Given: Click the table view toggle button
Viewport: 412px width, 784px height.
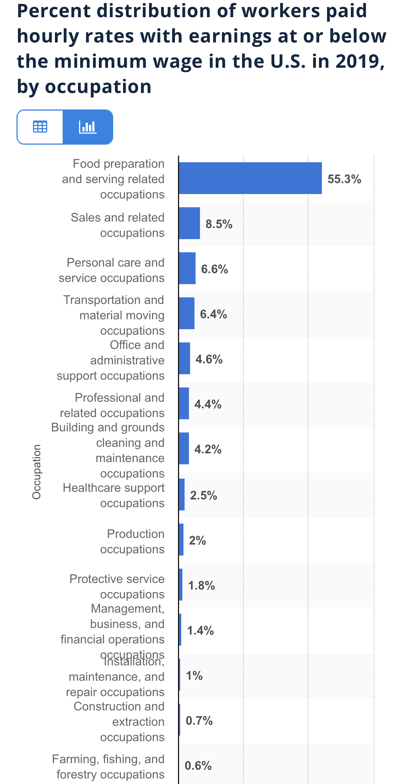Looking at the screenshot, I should (40, 127).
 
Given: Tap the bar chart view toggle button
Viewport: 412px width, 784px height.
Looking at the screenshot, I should (88, 127).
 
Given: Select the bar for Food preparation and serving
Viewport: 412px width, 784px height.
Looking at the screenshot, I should (250, 178).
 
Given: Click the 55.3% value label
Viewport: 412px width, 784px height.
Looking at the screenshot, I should (344, 179).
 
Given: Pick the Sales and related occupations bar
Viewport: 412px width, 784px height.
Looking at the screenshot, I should (189, 223).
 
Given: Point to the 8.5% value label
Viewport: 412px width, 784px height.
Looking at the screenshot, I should (219, 224).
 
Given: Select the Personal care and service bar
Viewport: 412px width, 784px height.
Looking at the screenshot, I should (187, 268).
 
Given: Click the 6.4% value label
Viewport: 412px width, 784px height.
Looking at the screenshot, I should (213, 314).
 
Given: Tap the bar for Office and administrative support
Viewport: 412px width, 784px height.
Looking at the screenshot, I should (185, 358).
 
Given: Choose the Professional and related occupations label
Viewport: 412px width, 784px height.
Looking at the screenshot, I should (112, 405).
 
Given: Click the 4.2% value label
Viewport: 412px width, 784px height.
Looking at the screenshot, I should (208, 449).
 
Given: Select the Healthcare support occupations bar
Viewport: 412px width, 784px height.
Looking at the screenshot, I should (182, 495).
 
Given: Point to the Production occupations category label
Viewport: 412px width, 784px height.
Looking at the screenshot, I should (132, 541).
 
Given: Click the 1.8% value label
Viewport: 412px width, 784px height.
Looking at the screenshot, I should (201, 586).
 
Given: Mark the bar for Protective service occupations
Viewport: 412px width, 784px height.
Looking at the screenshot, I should (181, 585).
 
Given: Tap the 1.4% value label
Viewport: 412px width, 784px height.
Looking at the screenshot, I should (200, 631).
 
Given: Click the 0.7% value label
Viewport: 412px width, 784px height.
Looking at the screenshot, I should (199, 721).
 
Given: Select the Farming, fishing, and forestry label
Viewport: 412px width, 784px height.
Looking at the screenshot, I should (109, 766).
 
